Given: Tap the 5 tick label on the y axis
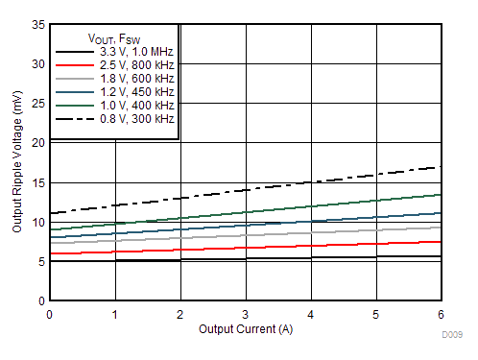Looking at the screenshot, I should pyautogui.click(x=39, y=261).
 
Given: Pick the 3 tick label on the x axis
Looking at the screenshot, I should pyautogui.click(x=246, y=313).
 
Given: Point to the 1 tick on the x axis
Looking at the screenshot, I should pyautogui.click(x=115, y=313).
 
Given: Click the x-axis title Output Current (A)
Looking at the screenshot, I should pyautogui.click(x=246, y=329).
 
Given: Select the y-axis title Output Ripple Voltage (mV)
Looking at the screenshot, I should pyautogui.click(x=16, y=161).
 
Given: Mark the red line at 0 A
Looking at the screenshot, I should pyautogui.click(x=50, y=253).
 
